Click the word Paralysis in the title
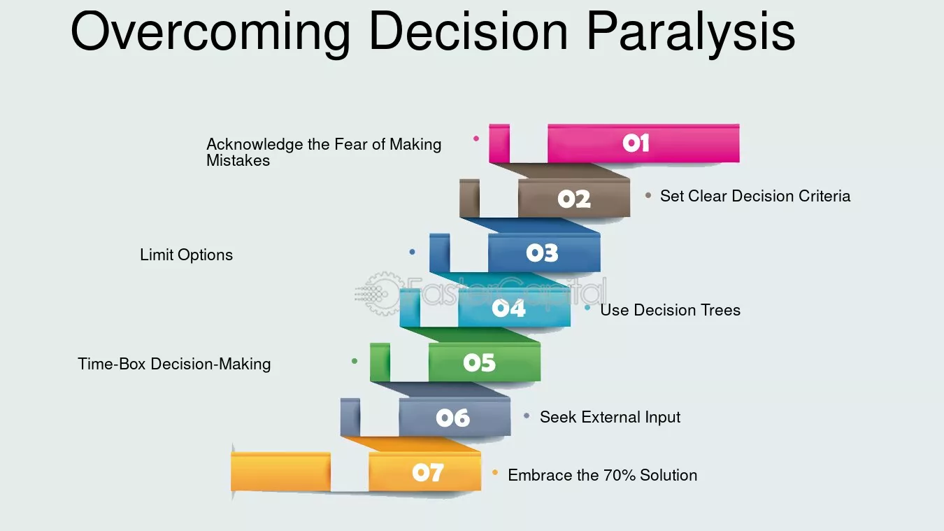[x=690, y=33]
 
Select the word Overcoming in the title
[x=210, y=33]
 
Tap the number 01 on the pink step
[x=636, y=143]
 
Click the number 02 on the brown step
[x=574, y=199]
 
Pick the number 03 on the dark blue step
[x=542, y=253]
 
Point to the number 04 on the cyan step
[x=508, y=308]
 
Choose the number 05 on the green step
[x=479, y=362]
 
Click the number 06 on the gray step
[x=452, y=418]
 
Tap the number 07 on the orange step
[x=427, y=473]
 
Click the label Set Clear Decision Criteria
[x=755, y=196]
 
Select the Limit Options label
[x=186, y=255]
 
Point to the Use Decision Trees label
[x=670, y=310]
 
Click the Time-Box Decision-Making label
[x=174, y=364]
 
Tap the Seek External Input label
[x=610, y=417]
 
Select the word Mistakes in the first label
[x=238, y=160]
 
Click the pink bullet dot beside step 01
[x=476, y=139]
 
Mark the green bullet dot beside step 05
[x=355, y=361]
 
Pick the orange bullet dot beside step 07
[x=495, y=473]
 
